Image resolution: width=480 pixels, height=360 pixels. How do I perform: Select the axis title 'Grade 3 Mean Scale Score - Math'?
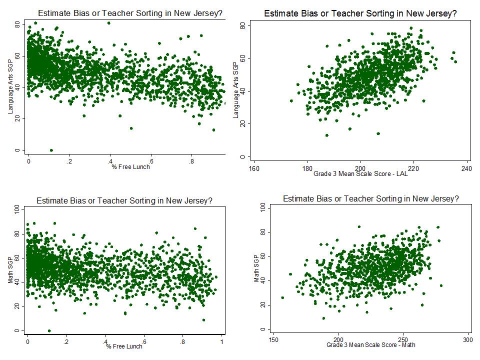click(371, 345)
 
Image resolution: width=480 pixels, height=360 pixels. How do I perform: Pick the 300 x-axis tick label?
click(468, 339)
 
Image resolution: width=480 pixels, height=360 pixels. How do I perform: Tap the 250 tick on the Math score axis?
click(403, 339)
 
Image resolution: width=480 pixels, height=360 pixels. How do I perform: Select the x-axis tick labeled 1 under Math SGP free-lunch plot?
click(221, 341)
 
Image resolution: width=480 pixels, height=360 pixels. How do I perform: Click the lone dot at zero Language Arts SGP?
click(51, 150)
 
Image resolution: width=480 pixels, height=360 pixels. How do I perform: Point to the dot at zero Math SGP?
click(49, 330)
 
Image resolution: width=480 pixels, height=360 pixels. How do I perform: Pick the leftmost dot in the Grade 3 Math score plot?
click(282, 297)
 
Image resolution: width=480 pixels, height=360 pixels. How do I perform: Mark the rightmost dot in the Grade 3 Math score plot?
click(441, 285)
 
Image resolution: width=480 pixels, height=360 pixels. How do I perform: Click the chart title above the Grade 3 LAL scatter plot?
click(360, 13)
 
